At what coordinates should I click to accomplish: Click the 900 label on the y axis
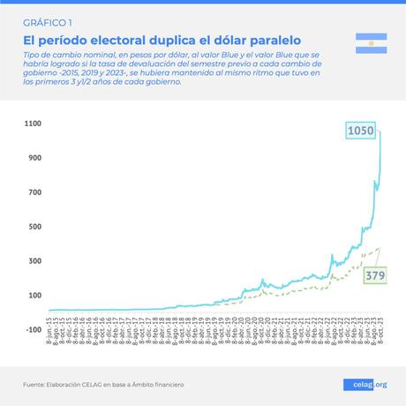34,158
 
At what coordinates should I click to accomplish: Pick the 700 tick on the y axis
34,192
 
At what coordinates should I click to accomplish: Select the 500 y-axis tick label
34,227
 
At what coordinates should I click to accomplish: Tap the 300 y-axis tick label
34,261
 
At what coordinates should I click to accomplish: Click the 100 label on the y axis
34,296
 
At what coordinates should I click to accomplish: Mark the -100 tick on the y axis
32,330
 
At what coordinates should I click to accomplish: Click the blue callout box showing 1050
361,132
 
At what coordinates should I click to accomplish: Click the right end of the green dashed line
380,248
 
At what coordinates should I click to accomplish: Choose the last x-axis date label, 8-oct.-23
380,346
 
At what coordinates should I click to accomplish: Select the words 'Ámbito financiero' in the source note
161,384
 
